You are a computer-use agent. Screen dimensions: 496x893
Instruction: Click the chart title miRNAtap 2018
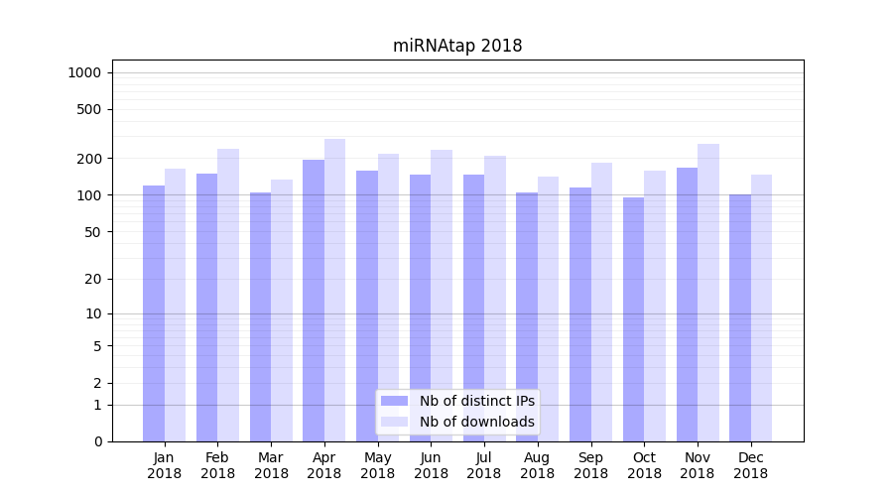click(456, 46)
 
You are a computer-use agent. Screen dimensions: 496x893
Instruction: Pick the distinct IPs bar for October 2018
click(634, 318)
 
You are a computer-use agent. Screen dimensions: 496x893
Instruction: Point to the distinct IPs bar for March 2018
click(260, 316)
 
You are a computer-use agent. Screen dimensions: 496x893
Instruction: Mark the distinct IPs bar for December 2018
click(740, 317)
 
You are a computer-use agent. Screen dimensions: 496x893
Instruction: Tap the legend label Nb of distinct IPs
click(476, 401)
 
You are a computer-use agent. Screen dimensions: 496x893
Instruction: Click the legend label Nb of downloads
click(476, 422)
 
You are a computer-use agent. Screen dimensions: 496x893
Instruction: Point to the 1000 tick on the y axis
click(84, 72)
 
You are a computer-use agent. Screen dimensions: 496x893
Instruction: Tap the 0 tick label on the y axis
click(98, 441)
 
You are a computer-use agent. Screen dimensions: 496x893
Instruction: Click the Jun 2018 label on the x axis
click(431, 465)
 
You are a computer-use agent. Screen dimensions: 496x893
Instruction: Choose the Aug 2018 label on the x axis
click(538, 465)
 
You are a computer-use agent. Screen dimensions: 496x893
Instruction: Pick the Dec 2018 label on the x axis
click(751, 465)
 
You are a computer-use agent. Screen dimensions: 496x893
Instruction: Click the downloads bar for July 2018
click(495, 298)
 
